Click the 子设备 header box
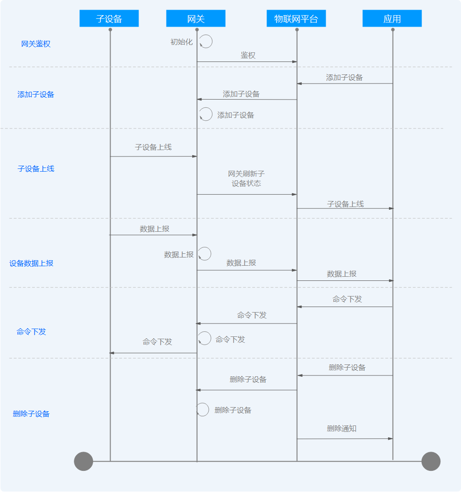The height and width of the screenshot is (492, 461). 109,19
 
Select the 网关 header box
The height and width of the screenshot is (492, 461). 196,19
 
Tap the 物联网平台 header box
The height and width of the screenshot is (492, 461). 296,19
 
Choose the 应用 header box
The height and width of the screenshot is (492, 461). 392,19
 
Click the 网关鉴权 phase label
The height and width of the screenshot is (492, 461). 36,44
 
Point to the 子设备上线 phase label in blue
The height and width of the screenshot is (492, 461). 36,168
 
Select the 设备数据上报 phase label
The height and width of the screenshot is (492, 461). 31,263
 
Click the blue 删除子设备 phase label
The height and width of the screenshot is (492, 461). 31,414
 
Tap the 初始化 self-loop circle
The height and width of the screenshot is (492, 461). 206,42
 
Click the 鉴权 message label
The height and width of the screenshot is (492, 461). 248,56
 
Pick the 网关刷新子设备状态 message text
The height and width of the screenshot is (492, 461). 246,179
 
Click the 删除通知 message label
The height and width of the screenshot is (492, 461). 342,429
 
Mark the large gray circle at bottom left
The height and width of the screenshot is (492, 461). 83,461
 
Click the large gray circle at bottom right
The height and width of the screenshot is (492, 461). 431,461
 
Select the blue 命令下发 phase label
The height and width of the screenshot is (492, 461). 31,332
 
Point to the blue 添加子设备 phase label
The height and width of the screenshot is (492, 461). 36,95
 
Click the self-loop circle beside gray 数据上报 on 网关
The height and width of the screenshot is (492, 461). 205,254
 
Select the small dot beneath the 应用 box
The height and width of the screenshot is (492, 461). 393,30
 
